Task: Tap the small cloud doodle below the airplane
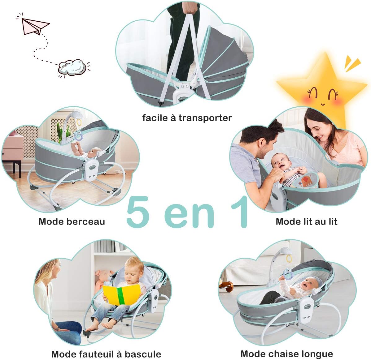(72, 67)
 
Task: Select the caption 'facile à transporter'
(187, 118)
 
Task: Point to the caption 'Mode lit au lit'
(306, 221)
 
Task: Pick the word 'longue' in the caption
(316, 354)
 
